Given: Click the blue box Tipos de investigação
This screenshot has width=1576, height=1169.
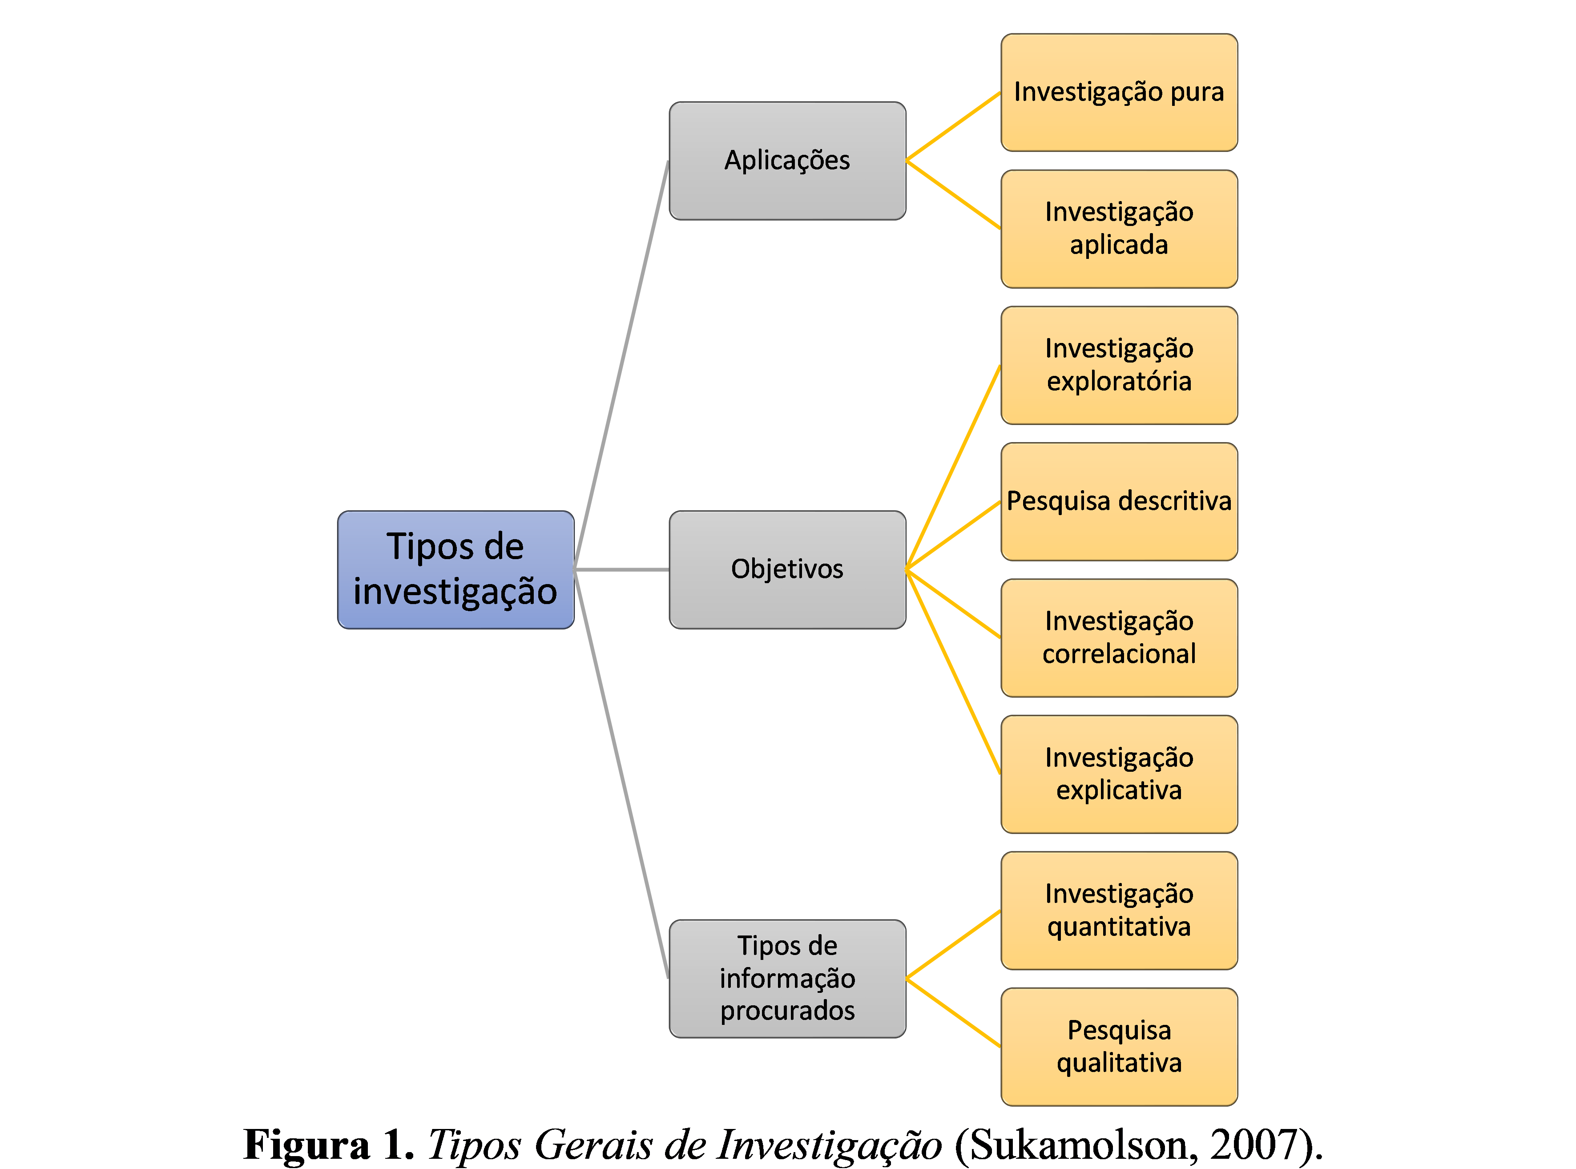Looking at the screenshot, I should coord(455,570).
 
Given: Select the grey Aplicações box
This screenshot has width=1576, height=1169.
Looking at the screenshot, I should coord(787,161).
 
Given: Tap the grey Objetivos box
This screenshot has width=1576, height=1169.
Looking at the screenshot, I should coord(787,570).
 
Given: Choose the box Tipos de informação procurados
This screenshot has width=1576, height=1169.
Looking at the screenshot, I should coord(787,979).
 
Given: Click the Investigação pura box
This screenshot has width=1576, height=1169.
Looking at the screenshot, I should coord(1119,92).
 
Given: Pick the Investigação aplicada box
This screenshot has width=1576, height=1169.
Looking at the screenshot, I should coord(1119,229).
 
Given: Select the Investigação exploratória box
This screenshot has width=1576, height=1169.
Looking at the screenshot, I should coord(1119,365).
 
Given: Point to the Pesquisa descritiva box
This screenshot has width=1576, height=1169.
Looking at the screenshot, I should coord(1119,501).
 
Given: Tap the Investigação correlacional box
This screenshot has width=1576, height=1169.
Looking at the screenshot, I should coord(1119,637).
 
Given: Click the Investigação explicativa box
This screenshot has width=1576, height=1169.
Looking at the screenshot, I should coord(1119,774).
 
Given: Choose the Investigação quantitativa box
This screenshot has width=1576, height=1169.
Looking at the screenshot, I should coord(1119,911).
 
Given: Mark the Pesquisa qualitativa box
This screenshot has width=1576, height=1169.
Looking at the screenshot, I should coord(1119,1047).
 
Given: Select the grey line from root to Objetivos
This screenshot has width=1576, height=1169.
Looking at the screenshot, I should coord(621,570).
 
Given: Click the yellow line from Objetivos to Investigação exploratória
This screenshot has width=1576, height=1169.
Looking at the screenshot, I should coord(953,467).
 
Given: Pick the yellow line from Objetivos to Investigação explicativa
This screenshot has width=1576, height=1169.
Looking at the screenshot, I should coord(953,672).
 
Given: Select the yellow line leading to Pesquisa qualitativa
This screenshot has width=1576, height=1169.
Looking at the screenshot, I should coord(953,1012).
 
